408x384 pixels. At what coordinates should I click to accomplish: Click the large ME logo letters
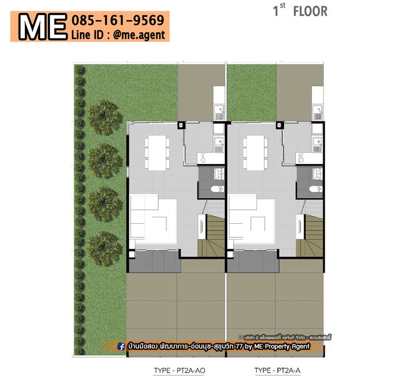(42, 27)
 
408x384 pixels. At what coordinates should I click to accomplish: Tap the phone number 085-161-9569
(118, 20)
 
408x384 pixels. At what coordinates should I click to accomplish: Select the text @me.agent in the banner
(139, 35)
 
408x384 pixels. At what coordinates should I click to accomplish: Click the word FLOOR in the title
(310, 11)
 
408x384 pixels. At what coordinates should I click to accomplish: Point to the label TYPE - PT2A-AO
(180, 370)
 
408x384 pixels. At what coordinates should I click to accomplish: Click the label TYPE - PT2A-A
(277, 370)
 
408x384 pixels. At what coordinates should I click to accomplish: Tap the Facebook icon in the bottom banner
(121, 347)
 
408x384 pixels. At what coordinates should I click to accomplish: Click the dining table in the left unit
(157, 153)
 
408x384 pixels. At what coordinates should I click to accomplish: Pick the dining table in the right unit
(256, 153)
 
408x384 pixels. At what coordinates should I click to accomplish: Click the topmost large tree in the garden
(104, 118)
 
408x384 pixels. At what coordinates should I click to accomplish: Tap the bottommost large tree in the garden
(104, 249)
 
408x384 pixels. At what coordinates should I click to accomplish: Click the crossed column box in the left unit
(181, 125)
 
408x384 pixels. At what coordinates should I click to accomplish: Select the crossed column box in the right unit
(279, 125)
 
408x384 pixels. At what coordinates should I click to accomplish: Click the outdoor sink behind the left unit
(219, 112)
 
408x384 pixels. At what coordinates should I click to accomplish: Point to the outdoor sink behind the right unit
(318, 112)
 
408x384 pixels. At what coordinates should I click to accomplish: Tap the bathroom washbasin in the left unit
(219, 174)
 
